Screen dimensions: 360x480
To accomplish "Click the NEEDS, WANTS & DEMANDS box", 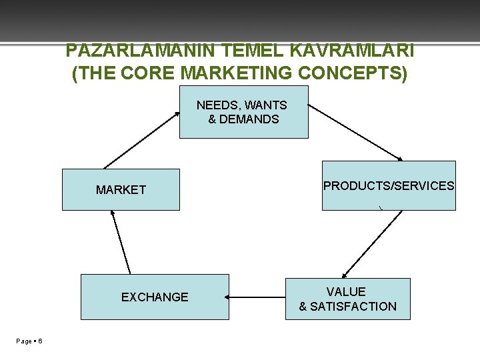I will coord(243,111).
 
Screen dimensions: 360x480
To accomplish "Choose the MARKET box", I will coord(121,190).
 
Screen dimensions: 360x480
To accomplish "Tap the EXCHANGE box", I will coord(155,297).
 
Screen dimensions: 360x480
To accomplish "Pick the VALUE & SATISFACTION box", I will coord(347,299).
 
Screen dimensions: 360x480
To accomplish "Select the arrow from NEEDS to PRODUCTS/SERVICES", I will coord(355,132).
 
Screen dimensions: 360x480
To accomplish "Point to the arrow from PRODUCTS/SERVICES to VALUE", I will coord(371,244).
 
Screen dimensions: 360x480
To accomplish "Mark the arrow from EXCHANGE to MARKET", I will coord(121,243).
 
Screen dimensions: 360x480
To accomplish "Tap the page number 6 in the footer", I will coord(41,341).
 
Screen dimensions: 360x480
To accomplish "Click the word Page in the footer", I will coord(24,341).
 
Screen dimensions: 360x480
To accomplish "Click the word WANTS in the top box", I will coord(265,105).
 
